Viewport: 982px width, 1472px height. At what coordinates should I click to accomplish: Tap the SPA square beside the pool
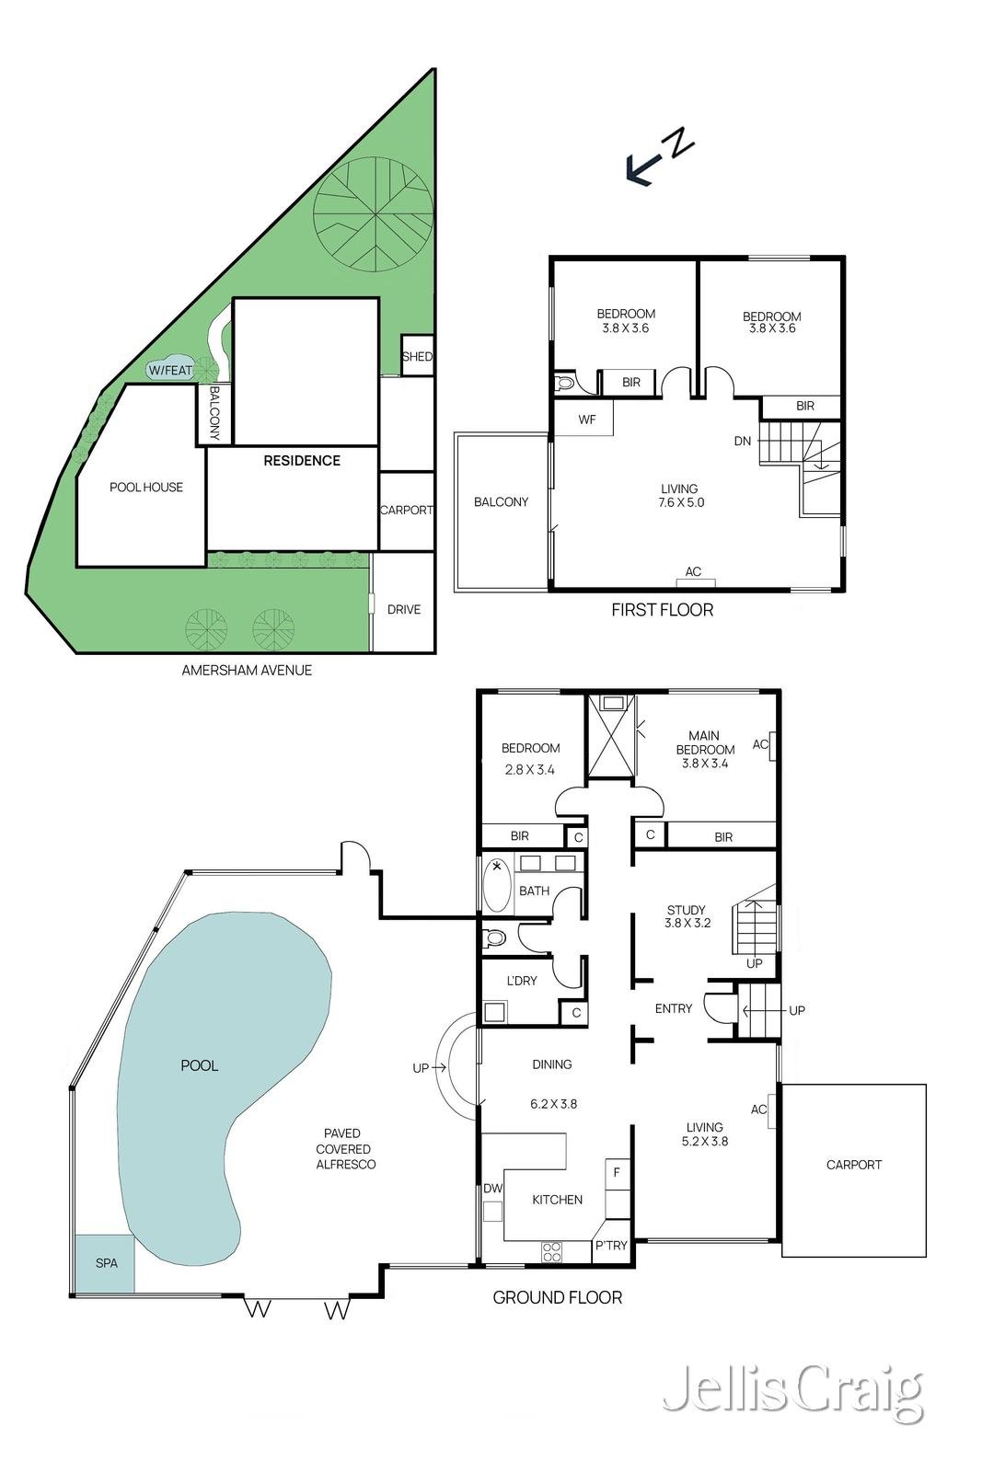(x=105, y=1263)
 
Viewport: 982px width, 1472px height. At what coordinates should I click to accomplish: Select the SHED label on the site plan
(x=417, y=356)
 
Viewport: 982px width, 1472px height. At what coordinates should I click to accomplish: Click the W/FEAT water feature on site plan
(x=170, y=370)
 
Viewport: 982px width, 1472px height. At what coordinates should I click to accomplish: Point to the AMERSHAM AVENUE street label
(x=247, y=670)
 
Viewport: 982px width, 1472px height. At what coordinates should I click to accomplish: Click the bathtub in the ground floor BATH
(x=497, y=885)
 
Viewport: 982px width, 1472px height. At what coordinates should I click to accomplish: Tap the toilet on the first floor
(x=564, y=382)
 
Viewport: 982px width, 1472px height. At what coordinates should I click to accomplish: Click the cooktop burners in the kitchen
(x=552, y=1250)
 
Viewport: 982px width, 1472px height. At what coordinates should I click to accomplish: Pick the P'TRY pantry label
(x=611, y=1245)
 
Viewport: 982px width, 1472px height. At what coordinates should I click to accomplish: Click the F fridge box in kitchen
(x=617, y=1173)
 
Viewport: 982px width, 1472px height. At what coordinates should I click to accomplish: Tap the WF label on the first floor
(x=587, y=420)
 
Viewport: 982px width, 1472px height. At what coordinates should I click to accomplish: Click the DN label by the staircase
(x=743, y=441)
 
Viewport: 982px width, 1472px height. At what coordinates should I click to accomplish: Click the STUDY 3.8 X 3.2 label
(x=687, y=916)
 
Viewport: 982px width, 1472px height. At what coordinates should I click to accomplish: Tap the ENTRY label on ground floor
(x=673, y=1008)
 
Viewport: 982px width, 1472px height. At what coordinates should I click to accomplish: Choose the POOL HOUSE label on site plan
(x=146, y=487)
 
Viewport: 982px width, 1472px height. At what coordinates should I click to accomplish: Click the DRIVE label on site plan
(x=403, y=609)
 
